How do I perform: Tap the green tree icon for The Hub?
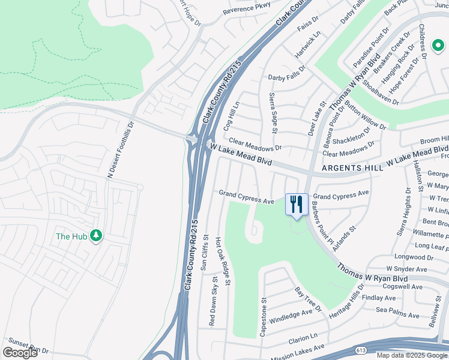[95, 236]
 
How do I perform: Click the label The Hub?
[71, 236]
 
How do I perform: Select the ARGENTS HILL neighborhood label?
[351, 169]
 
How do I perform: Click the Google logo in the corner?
[20, 353]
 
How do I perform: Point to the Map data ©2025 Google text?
[412, 355]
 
